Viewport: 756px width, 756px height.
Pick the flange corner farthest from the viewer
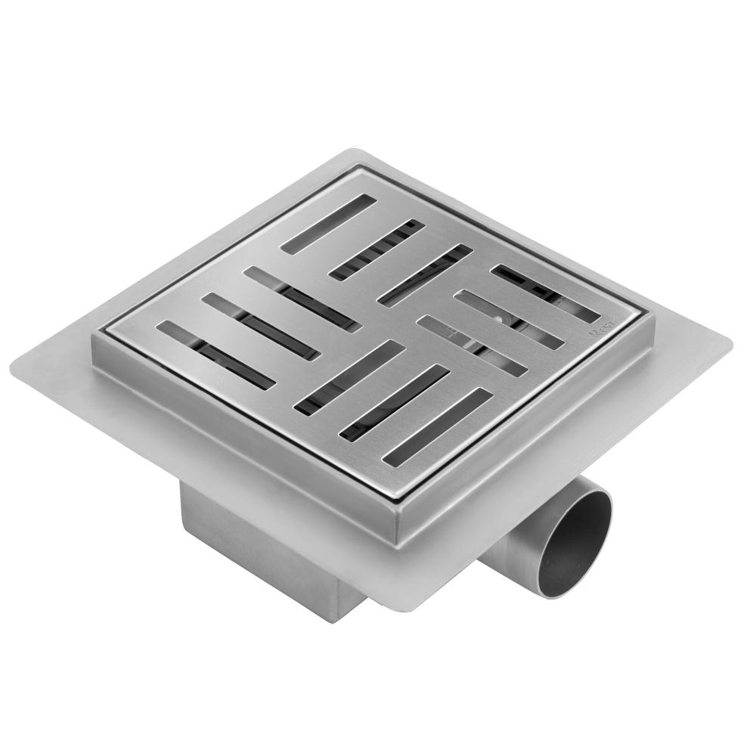(355, 151)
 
